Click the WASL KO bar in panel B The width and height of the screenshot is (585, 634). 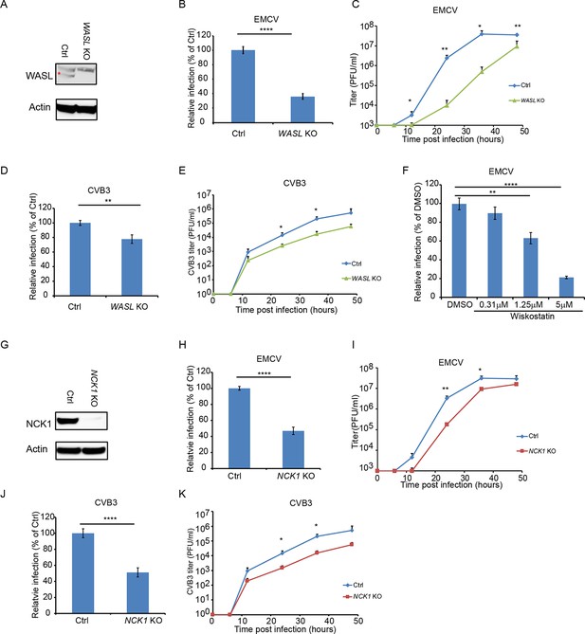(302, 109)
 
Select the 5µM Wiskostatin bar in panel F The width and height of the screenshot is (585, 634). (566, 287)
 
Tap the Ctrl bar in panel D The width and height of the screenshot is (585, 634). (80, 259)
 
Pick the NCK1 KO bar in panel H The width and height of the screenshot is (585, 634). (293, 449)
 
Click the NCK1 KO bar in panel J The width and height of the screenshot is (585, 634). (138, 592)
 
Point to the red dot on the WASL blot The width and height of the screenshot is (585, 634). (59, 73)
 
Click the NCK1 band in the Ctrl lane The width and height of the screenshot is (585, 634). (67, 421)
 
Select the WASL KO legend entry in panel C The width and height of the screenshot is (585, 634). (526, 100)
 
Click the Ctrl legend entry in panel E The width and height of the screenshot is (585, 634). (352, 263)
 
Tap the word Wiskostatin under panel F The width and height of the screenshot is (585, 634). (532, 317)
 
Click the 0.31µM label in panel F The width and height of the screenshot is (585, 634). (494, 305)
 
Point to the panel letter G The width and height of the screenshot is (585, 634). (5, 345)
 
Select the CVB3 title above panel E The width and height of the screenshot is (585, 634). (295, 183)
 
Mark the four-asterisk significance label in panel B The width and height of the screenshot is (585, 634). (265, 29)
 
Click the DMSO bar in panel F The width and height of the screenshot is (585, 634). (460, 250)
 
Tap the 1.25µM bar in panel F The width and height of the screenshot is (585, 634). (531, 267)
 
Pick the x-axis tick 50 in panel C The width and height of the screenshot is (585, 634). (524, 131)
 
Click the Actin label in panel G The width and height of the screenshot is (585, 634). (37, 449)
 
